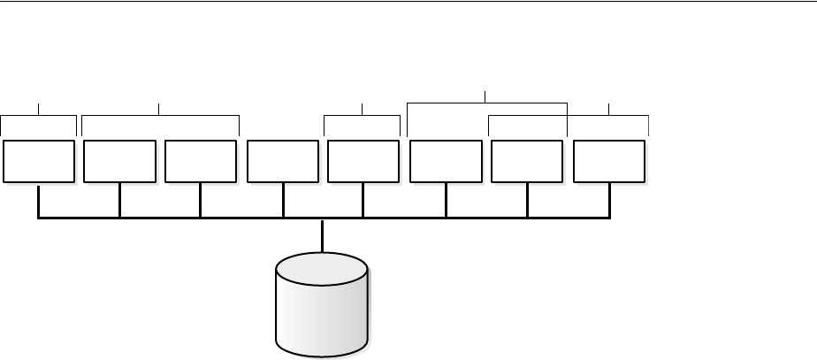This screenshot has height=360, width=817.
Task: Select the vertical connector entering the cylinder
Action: click(x=322, y=235)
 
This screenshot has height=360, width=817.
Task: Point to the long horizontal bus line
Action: click(x=221, y=218)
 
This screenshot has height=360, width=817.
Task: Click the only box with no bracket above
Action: click(x=283, y=160)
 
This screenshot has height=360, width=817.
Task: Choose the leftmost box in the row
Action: click(x=39, y=160)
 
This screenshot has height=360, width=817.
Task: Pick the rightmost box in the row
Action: click(x=609, y=160)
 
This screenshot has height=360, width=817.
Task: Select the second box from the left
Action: click(x=119, y=160)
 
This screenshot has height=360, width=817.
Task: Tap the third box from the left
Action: click(x=201, y=160)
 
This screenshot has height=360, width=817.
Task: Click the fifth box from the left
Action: click(x=363, y=160)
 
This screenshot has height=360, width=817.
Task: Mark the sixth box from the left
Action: click(x=447, y=160)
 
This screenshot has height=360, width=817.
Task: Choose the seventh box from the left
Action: click(x=527, y=160)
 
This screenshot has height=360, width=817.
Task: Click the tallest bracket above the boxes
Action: click(x=486, y=103)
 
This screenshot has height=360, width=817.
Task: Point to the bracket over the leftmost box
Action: click(x=39, y=115)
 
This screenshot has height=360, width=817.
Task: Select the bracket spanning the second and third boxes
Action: click(x=159, y=115)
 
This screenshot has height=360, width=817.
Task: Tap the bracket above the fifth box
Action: click(x=363, y=115)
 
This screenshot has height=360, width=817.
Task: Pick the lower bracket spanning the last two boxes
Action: click(x=610, y=115)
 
